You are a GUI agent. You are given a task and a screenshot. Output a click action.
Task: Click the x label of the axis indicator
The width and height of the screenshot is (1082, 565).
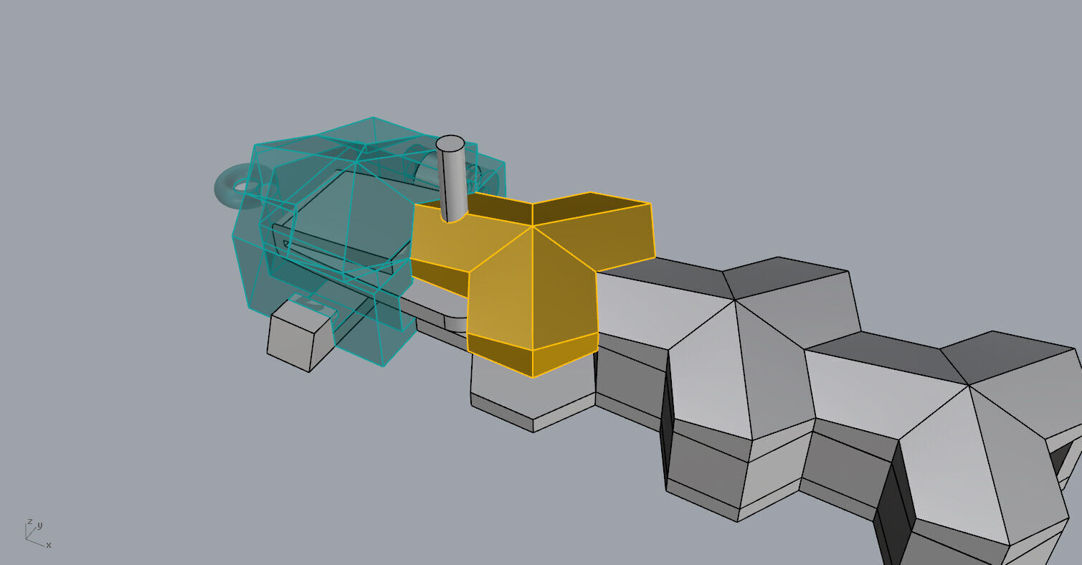[49, 546]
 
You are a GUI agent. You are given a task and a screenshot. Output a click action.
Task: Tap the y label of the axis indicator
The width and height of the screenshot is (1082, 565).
[39, 525]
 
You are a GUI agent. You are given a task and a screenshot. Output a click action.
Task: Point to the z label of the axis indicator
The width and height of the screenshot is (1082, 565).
[29, 521]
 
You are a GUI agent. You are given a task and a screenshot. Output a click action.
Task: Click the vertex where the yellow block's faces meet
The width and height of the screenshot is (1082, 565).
[533, 227]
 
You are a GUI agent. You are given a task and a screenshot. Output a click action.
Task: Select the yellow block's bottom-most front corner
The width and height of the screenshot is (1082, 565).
[533, 377]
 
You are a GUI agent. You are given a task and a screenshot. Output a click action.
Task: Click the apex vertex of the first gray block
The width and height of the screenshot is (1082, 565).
[734, 300]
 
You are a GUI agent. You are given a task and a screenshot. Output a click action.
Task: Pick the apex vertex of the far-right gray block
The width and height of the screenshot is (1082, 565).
[969, 385]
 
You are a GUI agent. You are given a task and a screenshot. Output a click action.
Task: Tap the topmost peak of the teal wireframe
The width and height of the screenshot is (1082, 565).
[373, 118]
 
